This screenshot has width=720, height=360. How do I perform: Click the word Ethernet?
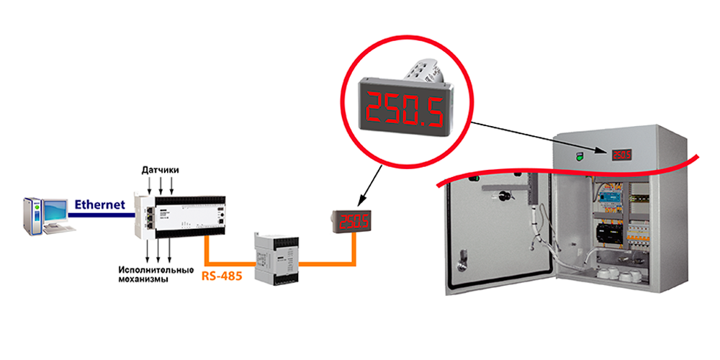[x=99, y=204]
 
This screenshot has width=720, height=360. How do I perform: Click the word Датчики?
[x=160, y=170]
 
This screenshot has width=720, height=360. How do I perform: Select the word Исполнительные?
[x=155, y=270]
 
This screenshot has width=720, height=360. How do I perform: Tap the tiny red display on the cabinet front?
[x=621, y=154]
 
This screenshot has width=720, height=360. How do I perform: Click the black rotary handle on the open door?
[x=504, y=195]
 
